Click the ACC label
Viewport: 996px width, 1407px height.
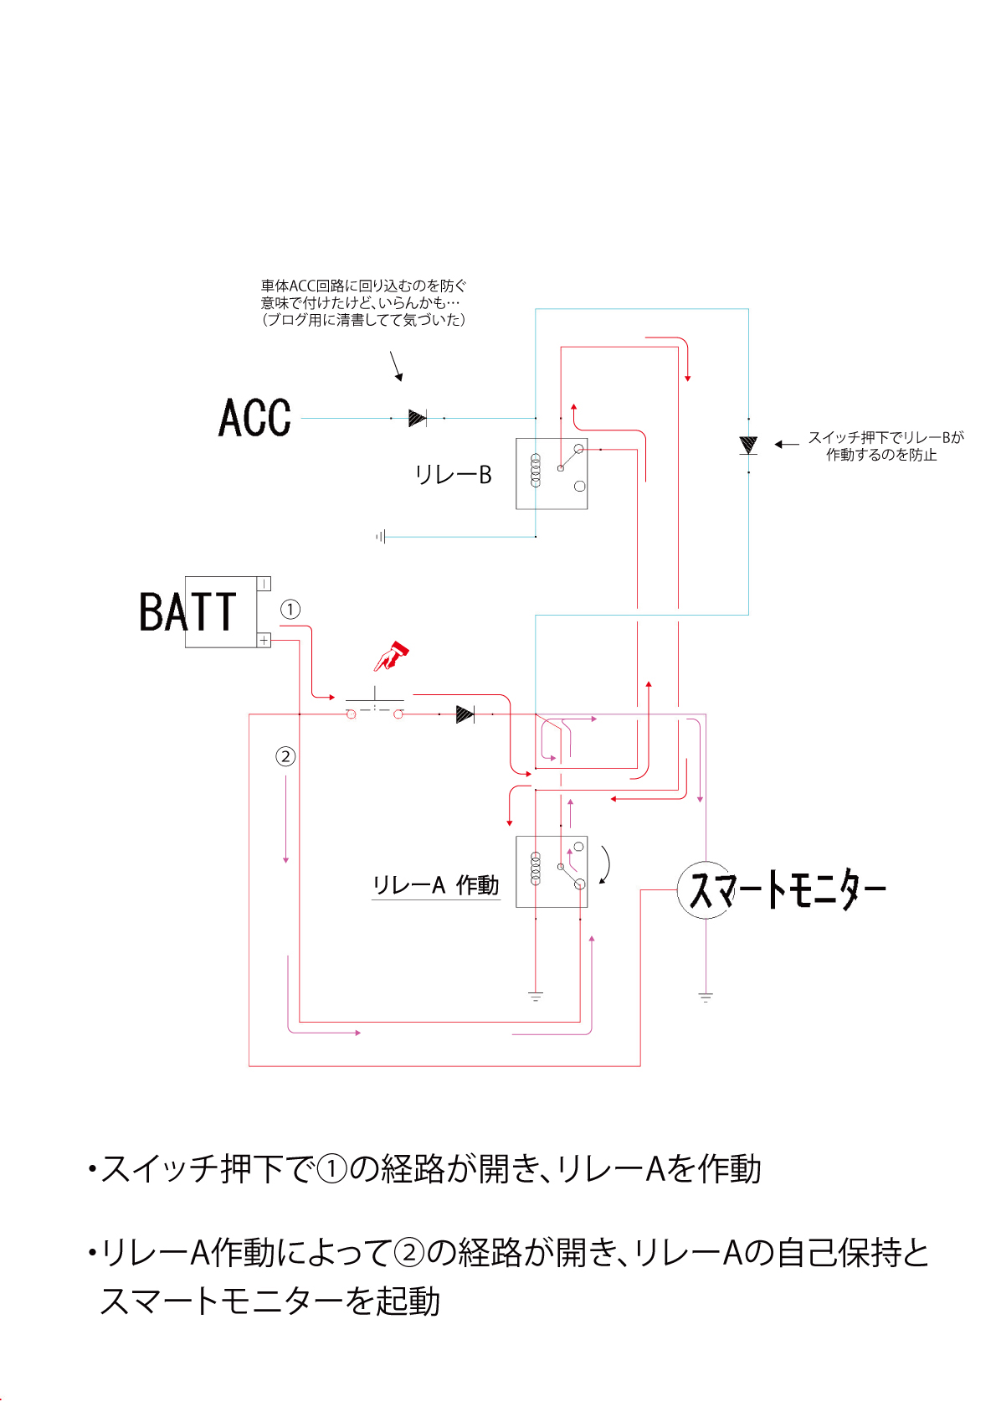(254, 418)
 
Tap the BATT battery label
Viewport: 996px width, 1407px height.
(188, 611)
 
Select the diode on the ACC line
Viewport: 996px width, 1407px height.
(417, 418)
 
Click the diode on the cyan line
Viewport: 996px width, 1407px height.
(748, 445)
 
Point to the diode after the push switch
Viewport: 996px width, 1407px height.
(465, 714)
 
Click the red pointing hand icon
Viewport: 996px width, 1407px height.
(391, 656)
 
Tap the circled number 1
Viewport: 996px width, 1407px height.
(290, 609)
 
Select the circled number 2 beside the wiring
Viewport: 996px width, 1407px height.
(285, 756)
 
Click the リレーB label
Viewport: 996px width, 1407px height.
(453, 475)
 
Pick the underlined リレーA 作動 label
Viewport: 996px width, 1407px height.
(435, 885)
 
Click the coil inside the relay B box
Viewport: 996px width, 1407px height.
(536, 471)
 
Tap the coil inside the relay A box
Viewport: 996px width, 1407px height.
(536, 868)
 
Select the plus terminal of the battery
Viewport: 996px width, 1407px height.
(264, 640)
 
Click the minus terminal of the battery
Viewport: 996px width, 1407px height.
(264, 584)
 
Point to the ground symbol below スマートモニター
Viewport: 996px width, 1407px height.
(706, 997)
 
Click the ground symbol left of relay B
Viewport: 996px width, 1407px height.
(381, 536)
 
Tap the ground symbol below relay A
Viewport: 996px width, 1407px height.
(536, 997)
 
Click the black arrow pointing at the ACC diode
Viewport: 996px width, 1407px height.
(396, 366)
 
